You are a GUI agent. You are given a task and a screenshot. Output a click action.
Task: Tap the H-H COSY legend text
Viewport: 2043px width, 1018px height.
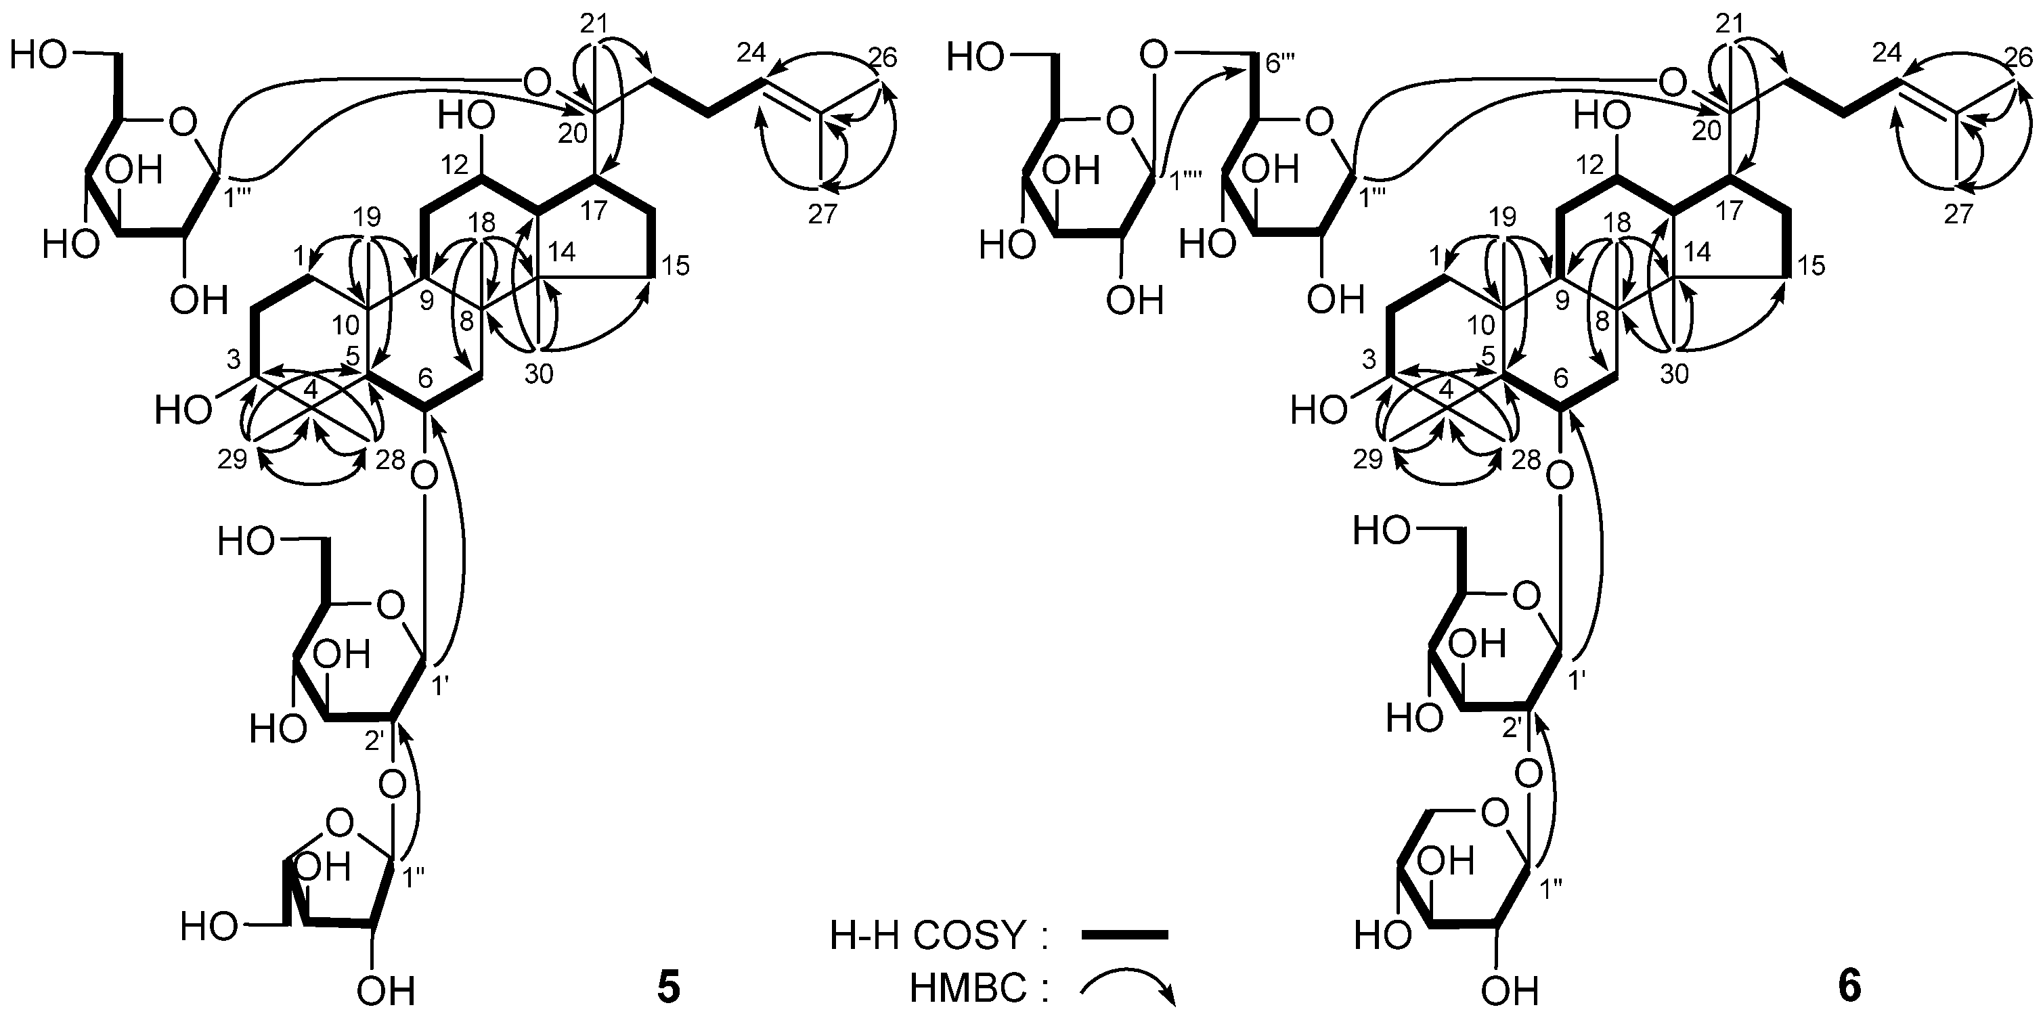click(939, 936)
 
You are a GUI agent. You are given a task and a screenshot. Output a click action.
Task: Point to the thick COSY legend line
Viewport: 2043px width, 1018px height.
click(1124, 935)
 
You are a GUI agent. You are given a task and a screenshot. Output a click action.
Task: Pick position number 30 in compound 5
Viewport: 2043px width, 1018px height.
click(539, 374)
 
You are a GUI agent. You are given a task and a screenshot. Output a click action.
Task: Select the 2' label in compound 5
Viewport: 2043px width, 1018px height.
click(375, 739)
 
